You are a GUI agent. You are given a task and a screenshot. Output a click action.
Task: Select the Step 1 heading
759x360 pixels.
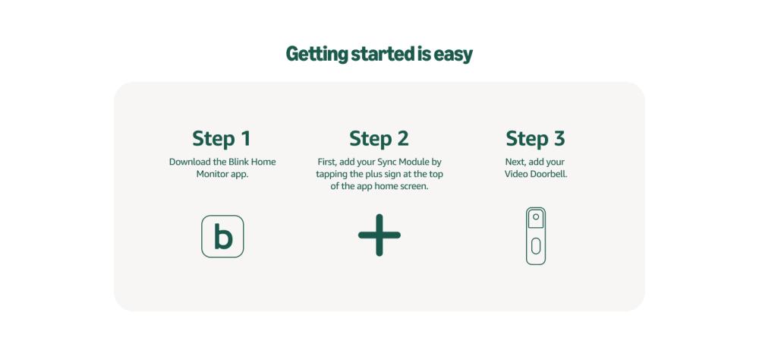222,138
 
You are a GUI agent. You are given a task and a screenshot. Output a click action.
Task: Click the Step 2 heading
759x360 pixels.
379,138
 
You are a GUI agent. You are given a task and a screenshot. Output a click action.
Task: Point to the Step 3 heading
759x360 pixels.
535,138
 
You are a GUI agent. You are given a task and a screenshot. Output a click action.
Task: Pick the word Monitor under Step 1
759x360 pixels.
212,174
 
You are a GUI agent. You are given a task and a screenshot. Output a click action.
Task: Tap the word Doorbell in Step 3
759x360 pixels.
550,174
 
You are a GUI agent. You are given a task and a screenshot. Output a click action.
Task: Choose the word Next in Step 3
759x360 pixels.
515,162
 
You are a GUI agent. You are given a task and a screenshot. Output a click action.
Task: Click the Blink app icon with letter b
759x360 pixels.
222,236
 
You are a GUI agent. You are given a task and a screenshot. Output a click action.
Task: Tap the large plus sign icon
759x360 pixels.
379,235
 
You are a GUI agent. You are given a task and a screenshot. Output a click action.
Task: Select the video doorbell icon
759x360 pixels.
536,236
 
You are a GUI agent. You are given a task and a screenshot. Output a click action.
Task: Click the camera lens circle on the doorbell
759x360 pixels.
536,216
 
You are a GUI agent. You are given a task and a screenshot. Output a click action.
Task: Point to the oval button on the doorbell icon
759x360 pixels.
536,246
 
